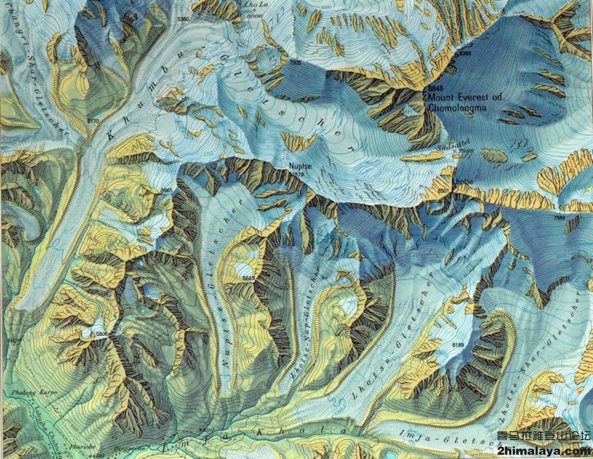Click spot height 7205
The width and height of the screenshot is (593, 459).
coord(295,62)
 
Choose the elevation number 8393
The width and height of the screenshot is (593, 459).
coord(465,54)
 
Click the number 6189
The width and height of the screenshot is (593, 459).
coord(459,345)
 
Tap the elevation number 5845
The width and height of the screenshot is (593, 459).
coord(248,278)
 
